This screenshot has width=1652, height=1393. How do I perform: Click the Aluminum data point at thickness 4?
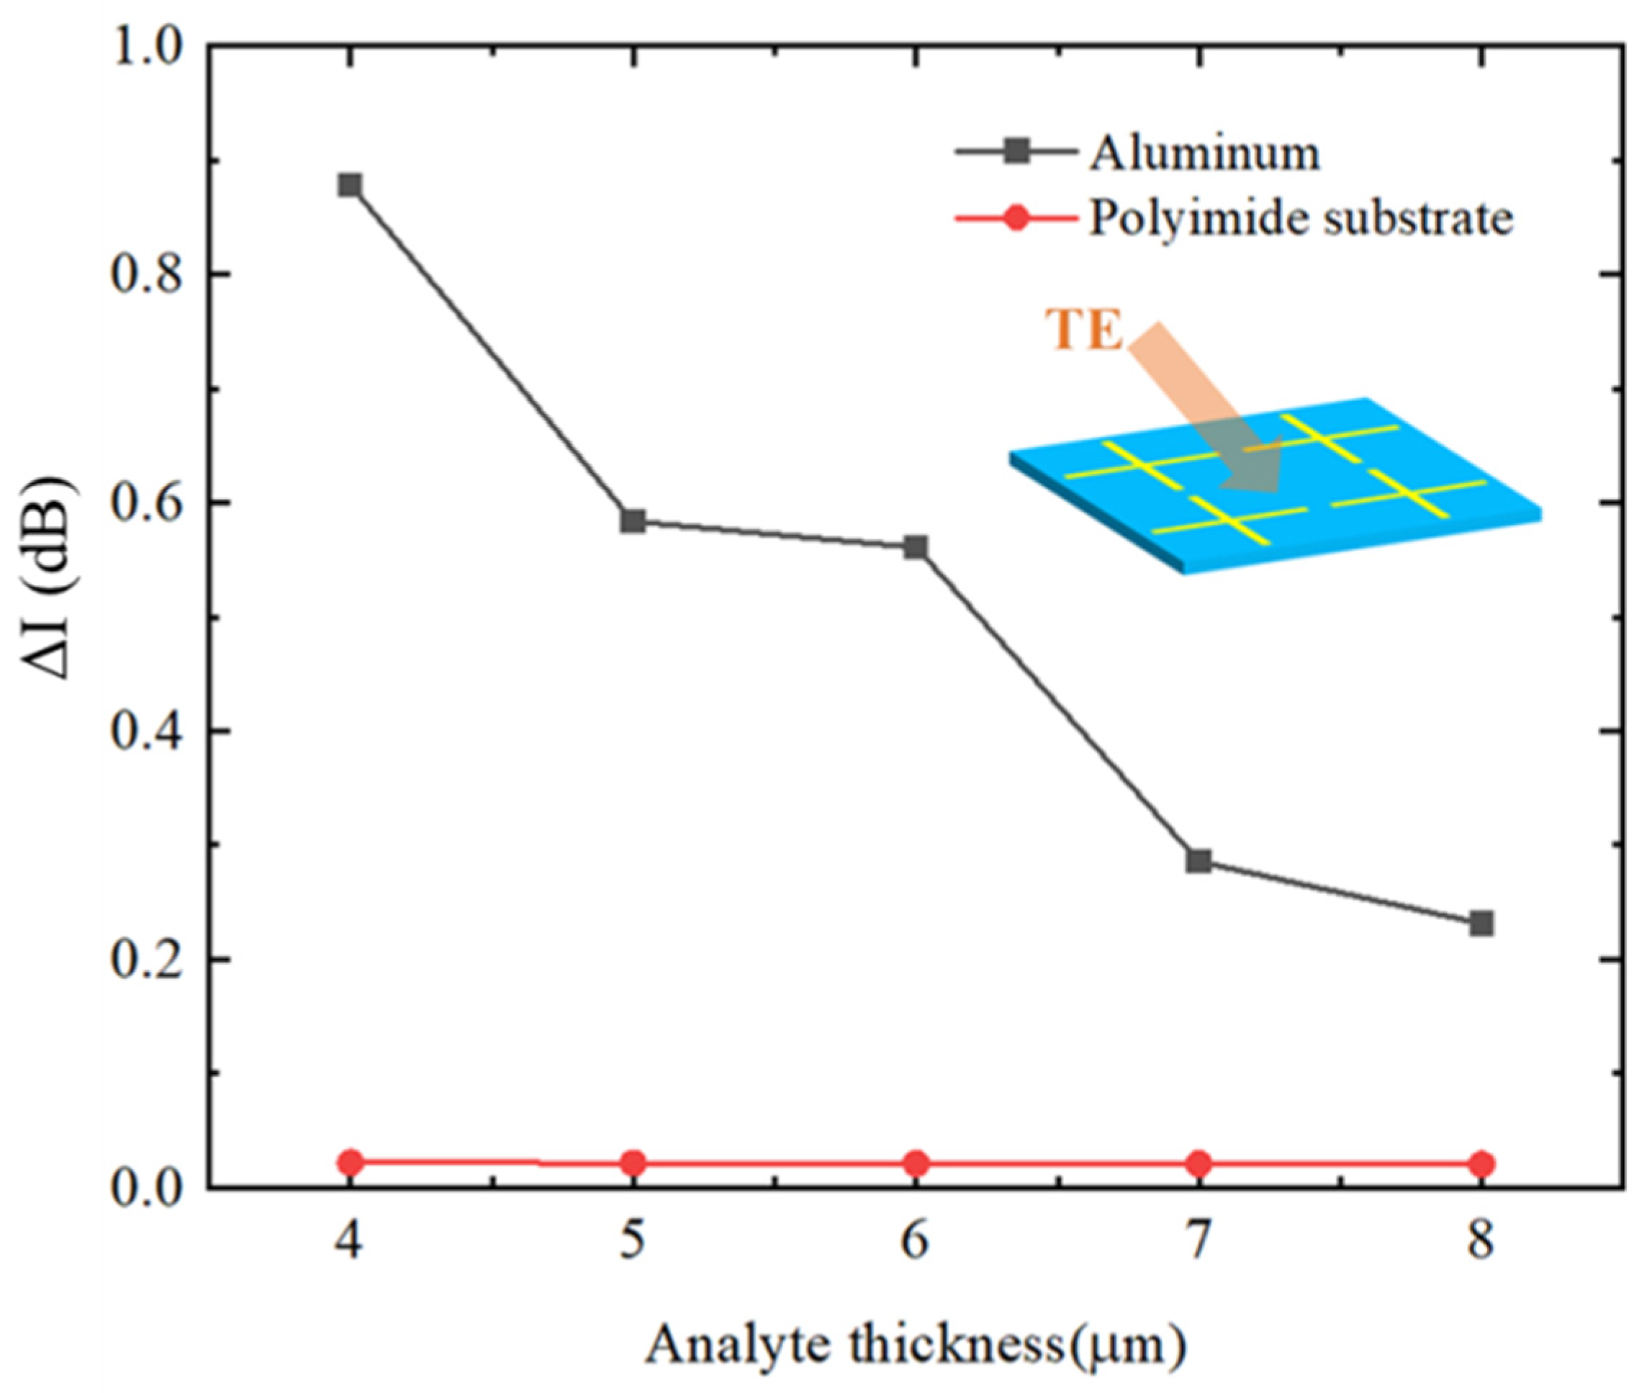[x=350, y=186]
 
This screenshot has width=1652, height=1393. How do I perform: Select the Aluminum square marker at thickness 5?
[x=633, y=521]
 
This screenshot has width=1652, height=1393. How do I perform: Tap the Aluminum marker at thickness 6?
[x=915, y=547]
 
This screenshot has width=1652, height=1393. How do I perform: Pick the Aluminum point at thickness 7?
[x=1199, y=861]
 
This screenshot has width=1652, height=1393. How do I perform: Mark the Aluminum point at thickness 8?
[x=1481, y=923]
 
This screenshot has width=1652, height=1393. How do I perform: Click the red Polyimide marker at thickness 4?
[x=350, y=1162]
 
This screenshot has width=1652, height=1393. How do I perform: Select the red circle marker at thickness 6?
[x=915, y=1163]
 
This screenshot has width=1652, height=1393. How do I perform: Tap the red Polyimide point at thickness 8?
[x=1481, y=1163]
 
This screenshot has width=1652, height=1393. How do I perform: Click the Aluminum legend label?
[x=1204, y=153]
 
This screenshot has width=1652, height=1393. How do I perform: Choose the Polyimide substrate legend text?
[x=1301, y=218]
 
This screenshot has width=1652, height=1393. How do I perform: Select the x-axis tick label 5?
[x=633, y=1240]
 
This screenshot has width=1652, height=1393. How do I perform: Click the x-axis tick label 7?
[x=1199, y=1240]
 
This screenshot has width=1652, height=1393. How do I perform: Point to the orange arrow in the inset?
[x=1200, y=410]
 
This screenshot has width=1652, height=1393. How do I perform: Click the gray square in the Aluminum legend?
[x=1017, y=151]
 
